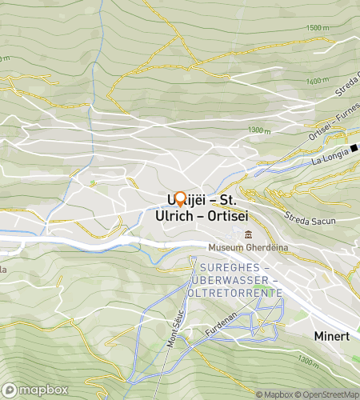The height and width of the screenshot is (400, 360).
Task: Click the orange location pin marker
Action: [x=180, y=199]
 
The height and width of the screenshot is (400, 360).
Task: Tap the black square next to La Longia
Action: [x=353, y=146]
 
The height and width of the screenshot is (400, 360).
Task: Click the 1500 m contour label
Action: [x=317, y=28]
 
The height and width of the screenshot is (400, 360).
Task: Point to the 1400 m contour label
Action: [x=318, y=80]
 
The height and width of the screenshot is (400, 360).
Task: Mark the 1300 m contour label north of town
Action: [x=260, y=130]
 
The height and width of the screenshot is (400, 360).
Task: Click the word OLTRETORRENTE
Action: [x=234, y=293]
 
